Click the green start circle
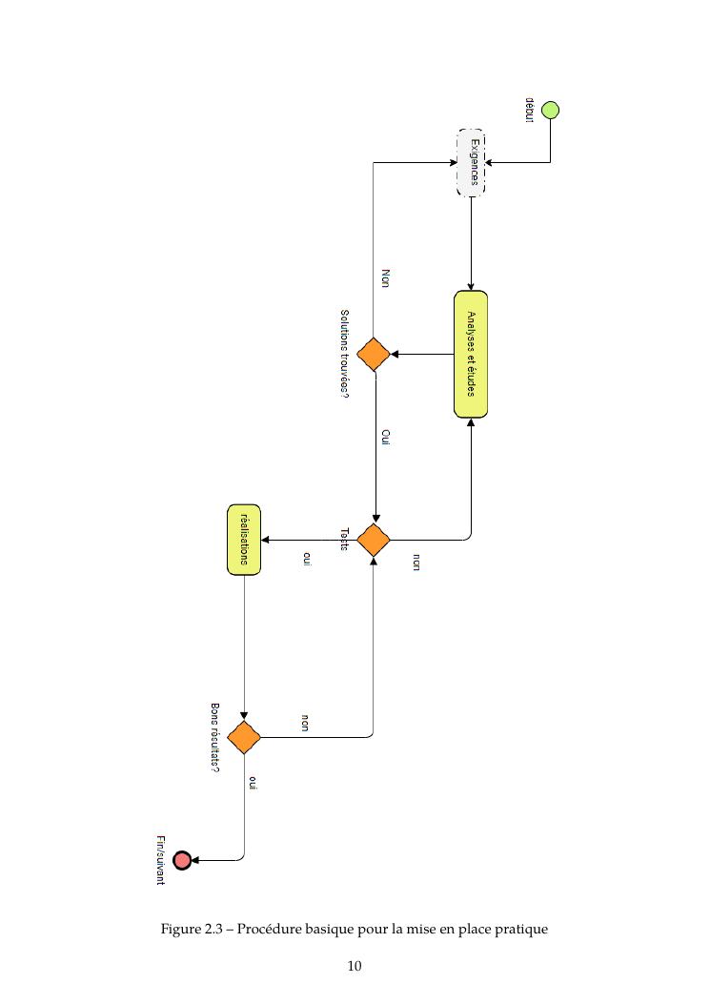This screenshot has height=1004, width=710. click(x=550, y=110)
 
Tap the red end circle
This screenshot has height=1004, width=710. click(x=182, y=860)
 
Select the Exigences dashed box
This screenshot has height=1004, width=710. click(x=472, y=162)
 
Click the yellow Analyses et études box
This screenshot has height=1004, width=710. click(x=471, y=354)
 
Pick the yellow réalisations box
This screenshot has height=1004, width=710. click(x=244, y=540)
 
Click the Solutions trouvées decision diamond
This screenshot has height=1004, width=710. click(x=374, y=354)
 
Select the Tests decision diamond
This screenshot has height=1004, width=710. click(x=374, y=540)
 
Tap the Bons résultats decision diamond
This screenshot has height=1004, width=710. click(x=244, y=737)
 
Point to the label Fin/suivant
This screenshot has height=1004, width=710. click(x=161, y=859)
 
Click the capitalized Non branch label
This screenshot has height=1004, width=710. click(x=386, y=277)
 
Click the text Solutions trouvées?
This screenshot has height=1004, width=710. click(x=344, y=354)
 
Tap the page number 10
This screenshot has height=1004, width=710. click(x=355, y=966)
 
